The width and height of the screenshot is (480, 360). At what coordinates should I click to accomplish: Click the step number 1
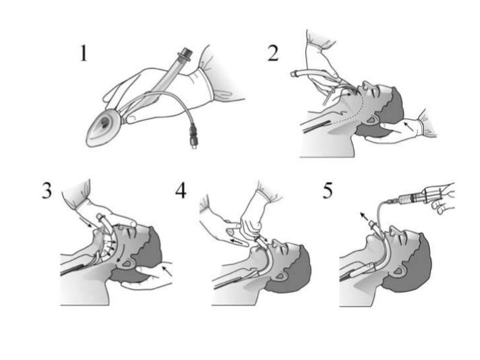[84, 53]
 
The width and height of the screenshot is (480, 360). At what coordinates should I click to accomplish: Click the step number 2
[274, 53]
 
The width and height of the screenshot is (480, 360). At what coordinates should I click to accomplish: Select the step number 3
[47, 191]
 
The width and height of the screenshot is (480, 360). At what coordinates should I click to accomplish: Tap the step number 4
[181, 191]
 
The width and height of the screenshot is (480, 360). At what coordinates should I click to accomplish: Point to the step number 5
[328, 191]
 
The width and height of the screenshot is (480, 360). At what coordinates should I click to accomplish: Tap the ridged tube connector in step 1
[185, 55]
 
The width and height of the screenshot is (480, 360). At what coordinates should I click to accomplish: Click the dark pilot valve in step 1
[193, 135]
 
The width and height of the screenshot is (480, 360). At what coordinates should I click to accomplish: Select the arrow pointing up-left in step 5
[364, 216]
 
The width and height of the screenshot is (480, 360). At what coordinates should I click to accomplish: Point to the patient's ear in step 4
[280, 276]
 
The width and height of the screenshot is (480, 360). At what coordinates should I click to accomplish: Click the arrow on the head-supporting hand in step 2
[409, 127]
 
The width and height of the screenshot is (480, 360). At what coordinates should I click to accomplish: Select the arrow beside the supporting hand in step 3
[167, 271]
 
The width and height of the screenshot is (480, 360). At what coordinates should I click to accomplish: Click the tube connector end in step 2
[295, 73]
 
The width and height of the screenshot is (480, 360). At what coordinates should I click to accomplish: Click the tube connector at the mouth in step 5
[373, 225]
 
